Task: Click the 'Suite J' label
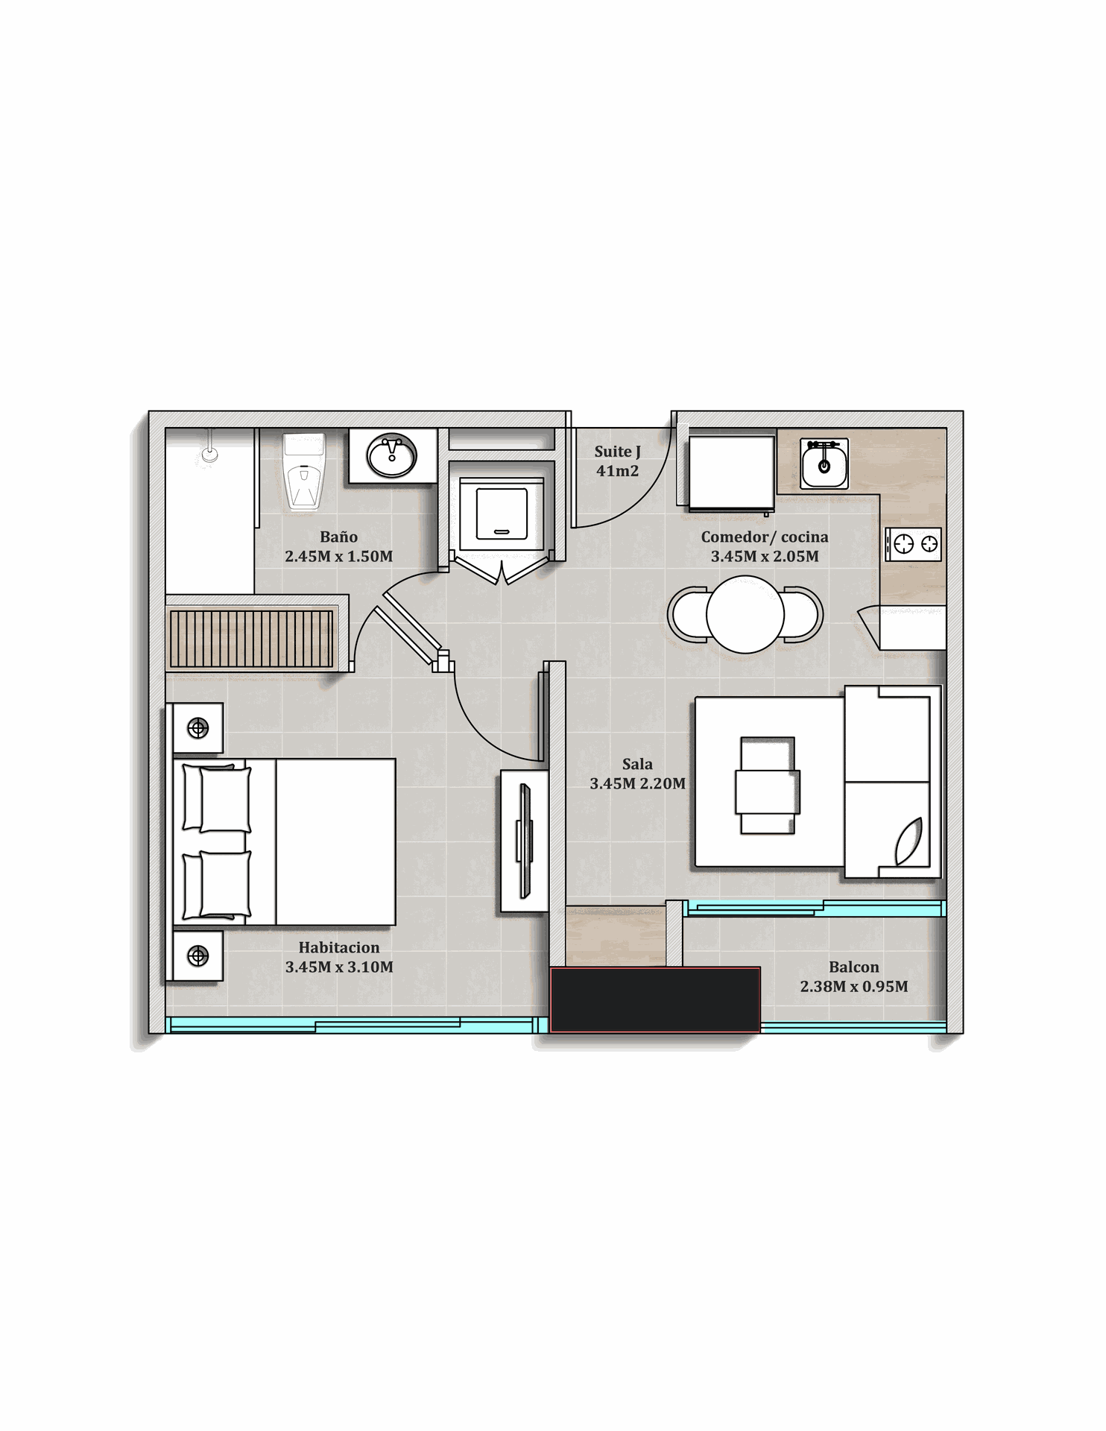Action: [x=617, y=452]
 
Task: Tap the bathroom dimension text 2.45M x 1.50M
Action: [x=338, y=556]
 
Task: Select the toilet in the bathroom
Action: [x=304, y=471]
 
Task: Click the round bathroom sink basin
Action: [x=392, y=455]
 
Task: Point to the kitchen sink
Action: [x=824, y=464]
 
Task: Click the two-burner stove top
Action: [x=913, y=544]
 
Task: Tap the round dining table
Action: [x=745, y=615]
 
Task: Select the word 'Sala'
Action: [x=637, y=764]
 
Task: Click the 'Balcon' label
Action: [x=854, y=967]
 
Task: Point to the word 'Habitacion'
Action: [x=339, y=947]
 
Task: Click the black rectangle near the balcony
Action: [x=655, y=999]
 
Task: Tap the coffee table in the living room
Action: [x=768, y=786]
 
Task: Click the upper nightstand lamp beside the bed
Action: [x=197, y=728]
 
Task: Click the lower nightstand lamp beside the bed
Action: [x=197, y=955]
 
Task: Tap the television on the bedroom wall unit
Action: [x=525, y=841]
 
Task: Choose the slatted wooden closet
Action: [x=251, y=639]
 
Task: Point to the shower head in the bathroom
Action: [x=210, y=452]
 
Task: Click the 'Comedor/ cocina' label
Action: [x=765, y=537]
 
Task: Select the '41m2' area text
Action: [x=617, y=471]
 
